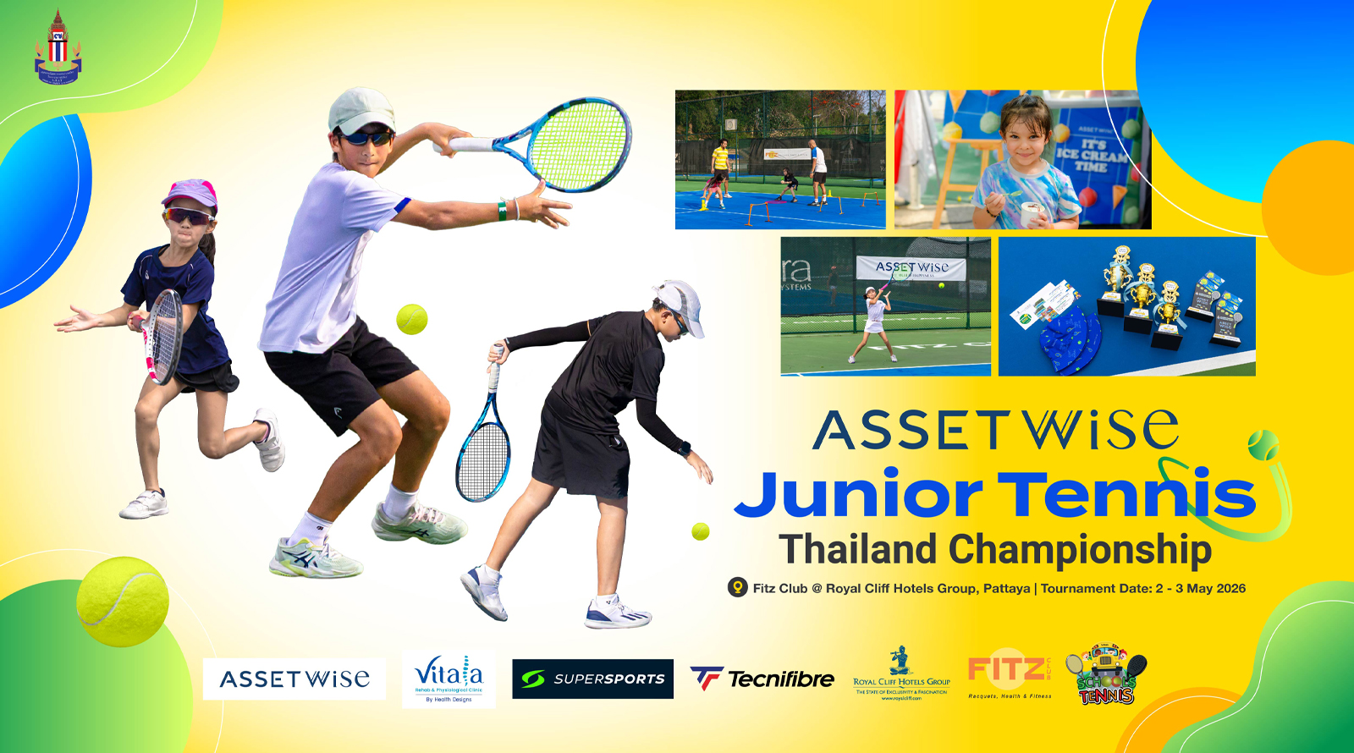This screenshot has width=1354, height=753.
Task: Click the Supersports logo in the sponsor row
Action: [592, 679]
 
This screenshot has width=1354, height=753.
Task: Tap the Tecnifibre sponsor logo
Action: [762, 679]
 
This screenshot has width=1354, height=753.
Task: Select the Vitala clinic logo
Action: [449, 678]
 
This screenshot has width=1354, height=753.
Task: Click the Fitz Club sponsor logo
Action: [1010, 674]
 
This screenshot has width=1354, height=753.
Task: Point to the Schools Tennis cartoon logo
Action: [1106, 676]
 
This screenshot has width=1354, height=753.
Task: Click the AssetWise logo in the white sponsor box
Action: [294, 679]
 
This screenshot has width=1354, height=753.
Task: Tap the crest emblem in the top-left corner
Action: [58, 48]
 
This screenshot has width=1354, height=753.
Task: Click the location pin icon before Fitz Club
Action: [737, 587]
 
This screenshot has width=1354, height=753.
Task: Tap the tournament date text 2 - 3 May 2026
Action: [1200, 588]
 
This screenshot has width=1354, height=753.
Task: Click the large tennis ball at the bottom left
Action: [123, 601]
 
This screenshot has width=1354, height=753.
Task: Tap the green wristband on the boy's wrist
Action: [503, 208]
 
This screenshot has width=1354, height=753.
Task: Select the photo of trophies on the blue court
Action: [1126, 306]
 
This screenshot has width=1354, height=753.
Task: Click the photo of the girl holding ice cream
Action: [1022, 160]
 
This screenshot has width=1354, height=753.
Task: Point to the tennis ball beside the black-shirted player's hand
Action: [700, 531]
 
